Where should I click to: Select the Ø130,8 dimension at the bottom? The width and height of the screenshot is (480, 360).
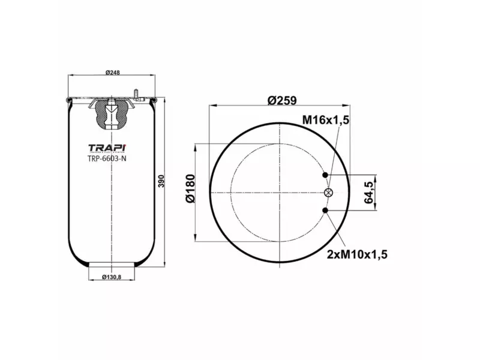point(112,277)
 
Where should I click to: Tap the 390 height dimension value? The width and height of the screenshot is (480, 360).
point(161,182)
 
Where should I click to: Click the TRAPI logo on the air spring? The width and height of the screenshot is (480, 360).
point(107,148)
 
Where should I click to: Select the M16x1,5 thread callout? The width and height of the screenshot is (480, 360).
point(325,121)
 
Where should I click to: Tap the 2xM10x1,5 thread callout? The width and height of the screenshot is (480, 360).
point(357,254)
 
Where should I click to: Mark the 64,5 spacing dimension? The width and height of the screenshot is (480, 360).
point(370,193)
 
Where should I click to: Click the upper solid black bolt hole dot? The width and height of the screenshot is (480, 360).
point(326,175)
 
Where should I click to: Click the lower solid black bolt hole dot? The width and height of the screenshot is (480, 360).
point(326,210)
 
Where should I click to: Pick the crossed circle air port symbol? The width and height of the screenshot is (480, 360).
point(328,192)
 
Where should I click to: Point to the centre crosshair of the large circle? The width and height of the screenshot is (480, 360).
point(280,192)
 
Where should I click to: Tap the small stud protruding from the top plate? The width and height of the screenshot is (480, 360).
point(137,93)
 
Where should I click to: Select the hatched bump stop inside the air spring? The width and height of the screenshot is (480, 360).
point(112,114)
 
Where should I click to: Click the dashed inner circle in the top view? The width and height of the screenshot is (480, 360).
point(231,192)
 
